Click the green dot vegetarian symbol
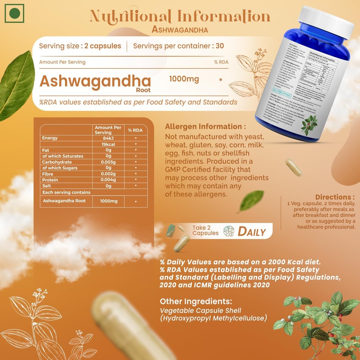point(14,13)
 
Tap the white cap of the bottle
point(327,21)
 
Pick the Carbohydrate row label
point(57,162)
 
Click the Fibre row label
point(48,174)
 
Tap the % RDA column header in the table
point(135,130)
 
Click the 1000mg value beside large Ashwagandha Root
point(184,79)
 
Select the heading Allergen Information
point(205,127)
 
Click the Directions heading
point(335,197)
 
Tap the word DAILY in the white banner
point(252,232)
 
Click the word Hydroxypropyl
point(188,319)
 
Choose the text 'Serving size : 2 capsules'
point(80,46)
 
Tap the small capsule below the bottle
point(294,167)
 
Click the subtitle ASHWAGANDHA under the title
point(180,30)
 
